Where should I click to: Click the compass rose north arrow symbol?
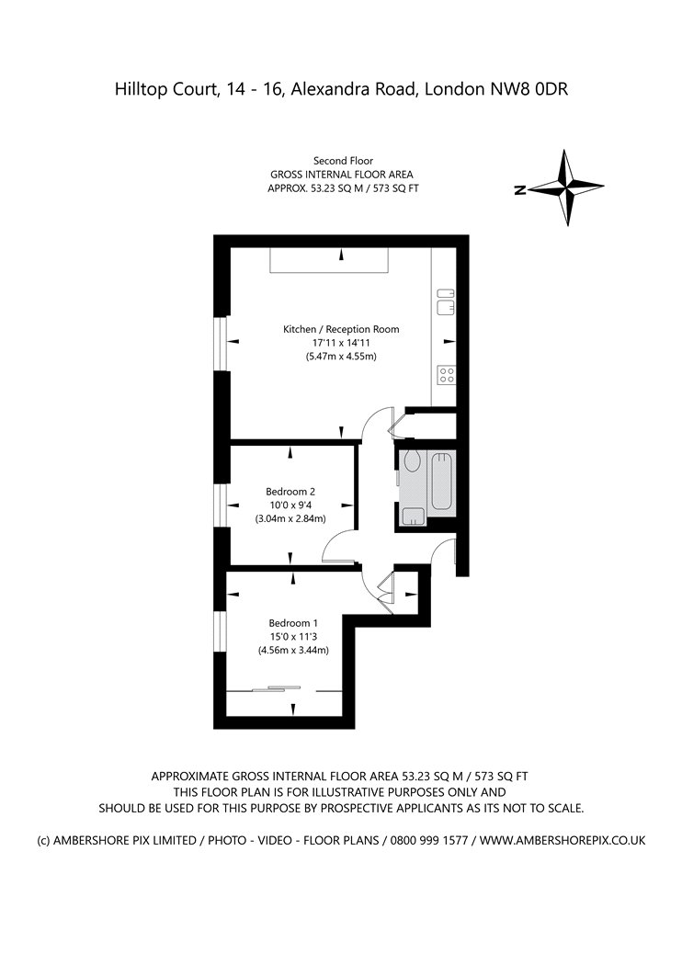pyautogui.click(x=566, y=187)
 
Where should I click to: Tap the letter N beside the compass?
pyautogui.click(x=520, y=190)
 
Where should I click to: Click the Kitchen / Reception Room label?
pyautogui.click(x=341, y=329)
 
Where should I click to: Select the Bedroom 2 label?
pyautogui.click(x=290, y=492)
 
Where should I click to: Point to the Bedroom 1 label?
pyautogui.click(x=293, y=623)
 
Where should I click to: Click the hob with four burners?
pyautogui.click(x=447, y=375)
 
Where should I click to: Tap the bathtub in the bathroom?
pyautogui.click(x=442, y=482)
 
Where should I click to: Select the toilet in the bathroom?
pyautogui.click(x=411, y=461)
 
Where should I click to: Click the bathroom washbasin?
pyautogui.click(x=413, y=517)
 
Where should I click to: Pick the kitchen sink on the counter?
pyautogui.click(x=446, y=301)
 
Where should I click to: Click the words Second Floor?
pyautogui.click(x=344, y=161)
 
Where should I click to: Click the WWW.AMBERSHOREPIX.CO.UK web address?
pyautogui.click(x=563, y=840)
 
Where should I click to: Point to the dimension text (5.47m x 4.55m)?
pyautogui.click(x=341, y=357)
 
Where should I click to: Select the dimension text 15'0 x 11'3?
pyautogui.click(x=293, y=636)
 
